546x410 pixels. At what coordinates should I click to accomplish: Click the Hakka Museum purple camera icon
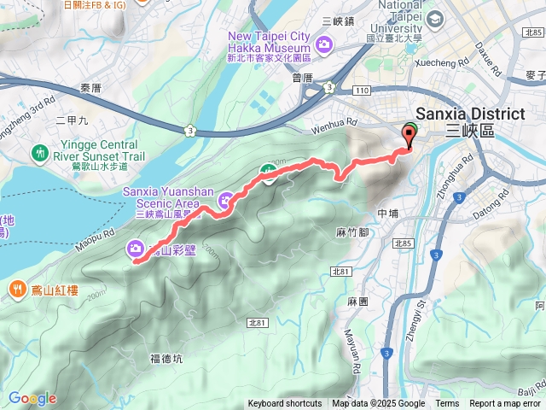[324, 44]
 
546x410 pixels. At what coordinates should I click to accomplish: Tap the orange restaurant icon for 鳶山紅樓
[17, 290]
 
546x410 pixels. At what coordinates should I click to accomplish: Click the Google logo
[32, 398]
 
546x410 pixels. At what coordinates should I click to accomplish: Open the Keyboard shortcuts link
[285, 404]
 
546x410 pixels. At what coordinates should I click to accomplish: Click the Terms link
[447, 404]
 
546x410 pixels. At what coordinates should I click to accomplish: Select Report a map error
[505, 404]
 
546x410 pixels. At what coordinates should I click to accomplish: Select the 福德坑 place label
[166, 359]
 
